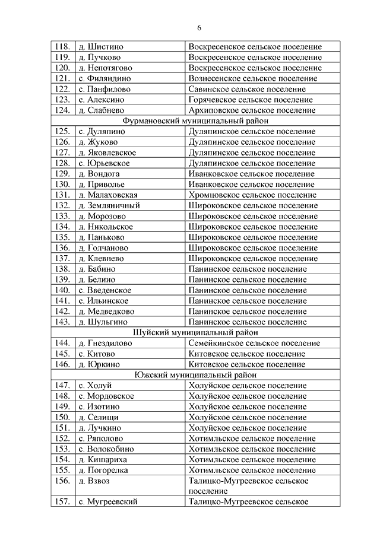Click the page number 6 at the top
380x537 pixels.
199,28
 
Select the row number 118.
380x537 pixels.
62,47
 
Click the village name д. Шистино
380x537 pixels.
101,47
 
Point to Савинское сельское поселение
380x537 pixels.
250,89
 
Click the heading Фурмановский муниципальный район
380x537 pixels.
195,121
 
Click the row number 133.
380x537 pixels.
62,217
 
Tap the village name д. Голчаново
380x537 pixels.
103,248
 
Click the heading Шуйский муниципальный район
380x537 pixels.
195,333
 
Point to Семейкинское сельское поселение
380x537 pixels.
254,344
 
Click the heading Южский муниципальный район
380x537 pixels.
195,375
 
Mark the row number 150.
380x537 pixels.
62,417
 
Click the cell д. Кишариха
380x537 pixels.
102,459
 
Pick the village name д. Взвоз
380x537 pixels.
94,481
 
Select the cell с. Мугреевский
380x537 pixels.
108,502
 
